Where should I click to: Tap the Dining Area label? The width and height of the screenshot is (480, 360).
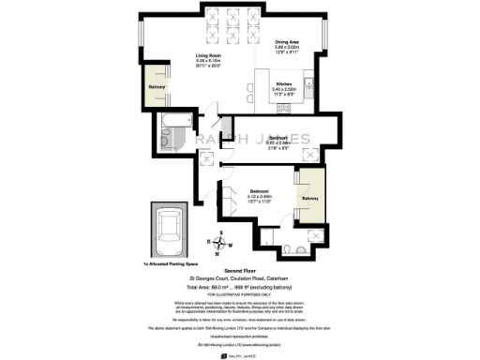coord(288,42)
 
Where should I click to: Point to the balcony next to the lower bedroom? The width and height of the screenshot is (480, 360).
coord(310,199)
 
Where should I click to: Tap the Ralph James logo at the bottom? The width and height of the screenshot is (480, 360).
coord(240,354)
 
